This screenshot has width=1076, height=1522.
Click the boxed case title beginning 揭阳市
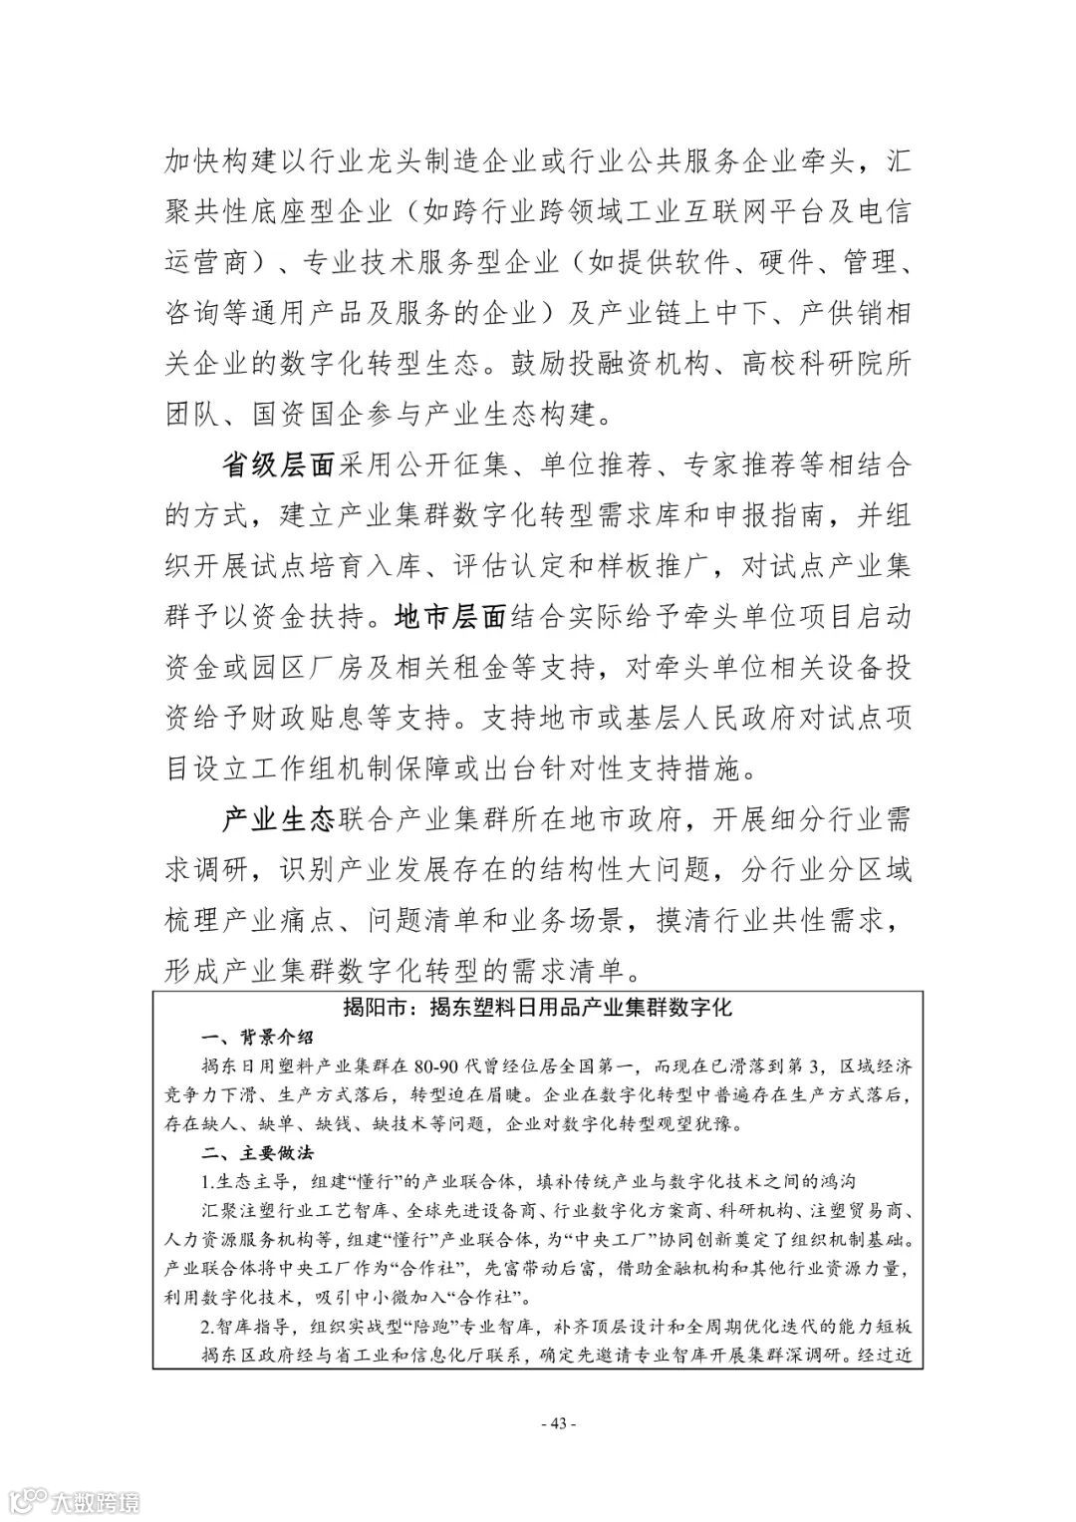coord(537,1007)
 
